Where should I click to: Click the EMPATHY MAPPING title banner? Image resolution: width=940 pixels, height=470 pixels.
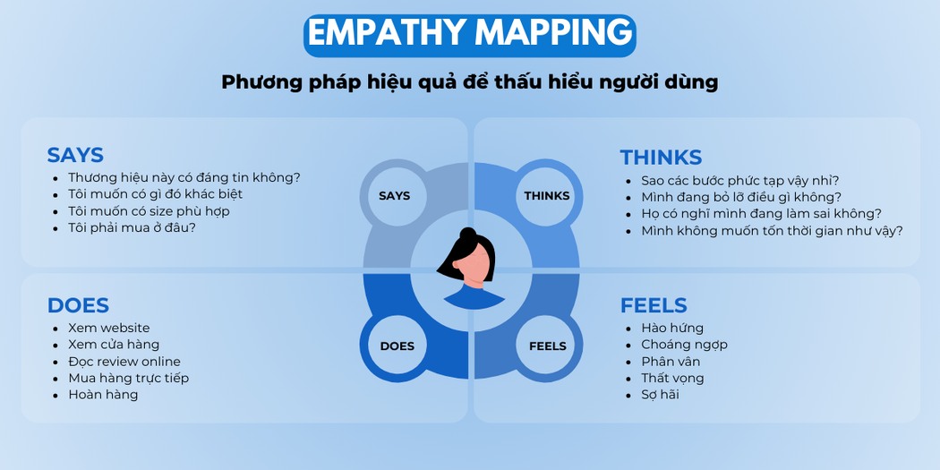pos(469,36)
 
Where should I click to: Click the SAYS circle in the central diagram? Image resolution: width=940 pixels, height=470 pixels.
pos(394,196)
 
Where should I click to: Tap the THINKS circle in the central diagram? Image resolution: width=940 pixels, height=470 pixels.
pos(546,196)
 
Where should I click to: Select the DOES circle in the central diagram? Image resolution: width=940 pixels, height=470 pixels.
pos(397,346)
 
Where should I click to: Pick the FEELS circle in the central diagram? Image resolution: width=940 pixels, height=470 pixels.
pos(547,346)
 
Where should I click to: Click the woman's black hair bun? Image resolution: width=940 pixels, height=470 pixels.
pos(467,234)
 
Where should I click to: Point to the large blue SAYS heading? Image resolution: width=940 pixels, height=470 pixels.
pos(75,155)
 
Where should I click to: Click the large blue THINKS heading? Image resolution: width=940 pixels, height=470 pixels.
pos(661,157)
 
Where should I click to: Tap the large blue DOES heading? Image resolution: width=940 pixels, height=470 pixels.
pos(78,305)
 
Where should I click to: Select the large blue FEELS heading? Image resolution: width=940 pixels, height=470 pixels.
pos(654,305)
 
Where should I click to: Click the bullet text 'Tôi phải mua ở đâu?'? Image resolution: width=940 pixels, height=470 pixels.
pos(132,227)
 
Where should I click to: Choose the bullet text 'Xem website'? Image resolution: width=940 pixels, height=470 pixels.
pos(109,328)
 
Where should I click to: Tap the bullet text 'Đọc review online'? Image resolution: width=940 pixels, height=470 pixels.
pos(124,362)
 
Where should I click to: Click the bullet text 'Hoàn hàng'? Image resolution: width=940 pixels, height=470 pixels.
pos(103,395)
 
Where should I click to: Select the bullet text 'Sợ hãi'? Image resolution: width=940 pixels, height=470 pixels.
pos(660,395)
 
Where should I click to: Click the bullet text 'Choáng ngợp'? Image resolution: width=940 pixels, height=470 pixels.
pos(684,345)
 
